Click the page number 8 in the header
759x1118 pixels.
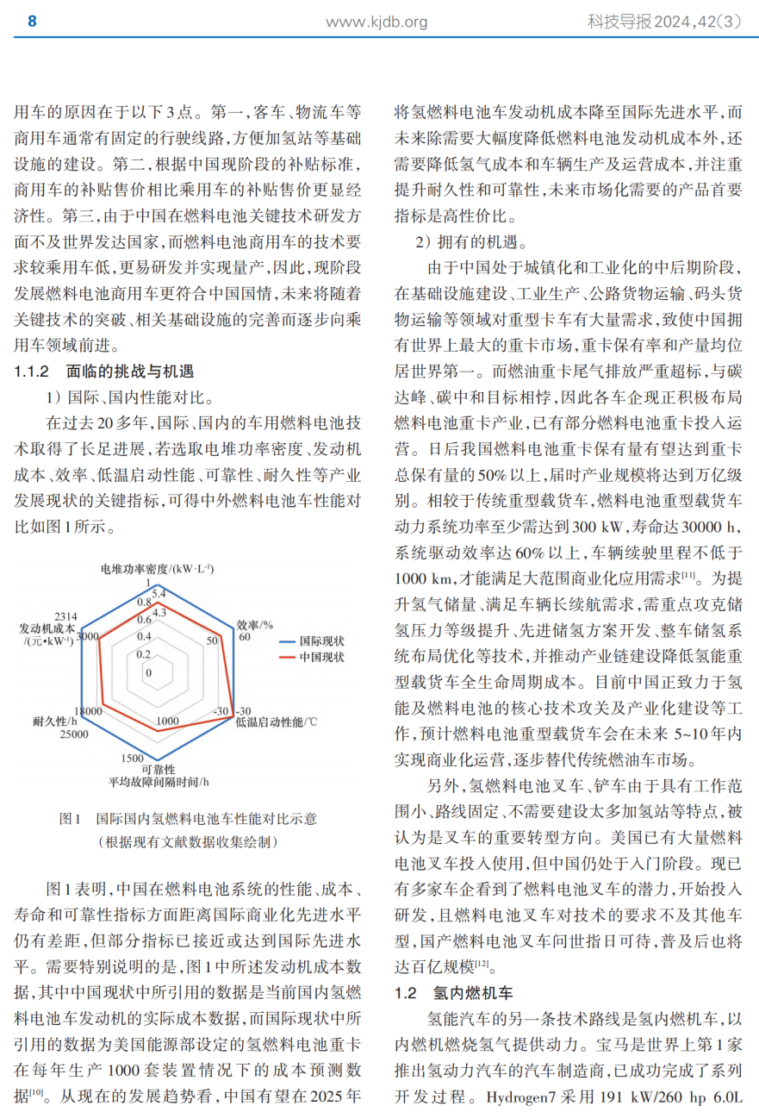point(33,22)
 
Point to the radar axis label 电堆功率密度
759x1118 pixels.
point(157,569)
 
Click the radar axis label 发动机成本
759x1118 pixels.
point(47,628)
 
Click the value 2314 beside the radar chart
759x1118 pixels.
point(66,616)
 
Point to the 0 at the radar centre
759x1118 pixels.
point(149,672)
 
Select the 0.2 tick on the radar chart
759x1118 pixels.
point(142,653)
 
